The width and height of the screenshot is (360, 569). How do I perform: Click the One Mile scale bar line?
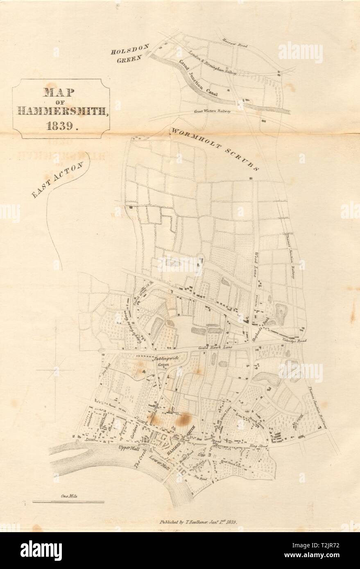point(68,502)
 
